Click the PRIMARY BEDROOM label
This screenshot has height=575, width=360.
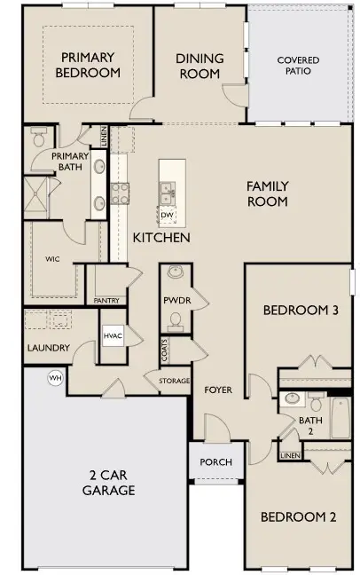point(89,65)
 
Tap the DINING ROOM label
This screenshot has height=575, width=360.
point(199,67)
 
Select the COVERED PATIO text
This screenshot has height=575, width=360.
point(298,67)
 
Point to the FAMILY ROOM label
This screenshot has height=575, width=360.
point(267,193)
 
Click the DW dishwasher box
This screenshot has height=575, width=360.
point(167,214)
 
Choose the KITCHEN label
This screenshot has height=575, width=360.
point(160,239)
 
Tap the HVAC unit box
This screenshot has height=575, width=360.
point(113,336)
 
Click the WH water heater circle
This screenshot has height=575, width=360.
point(55,377)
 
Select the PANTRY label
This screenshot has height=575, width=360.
point(106,301)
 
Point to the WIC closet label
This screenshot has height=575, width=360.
point(51,259)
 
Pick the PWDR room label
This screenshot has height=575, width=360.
point(173,301)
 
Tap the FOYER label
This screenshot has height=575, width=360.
point(218,390)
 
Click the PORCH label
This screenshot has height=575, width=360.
point(215,461)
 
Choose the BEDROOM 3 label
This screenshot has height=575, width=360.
point(301,311)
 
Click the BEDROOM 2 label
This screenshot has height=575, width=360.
point(297,517)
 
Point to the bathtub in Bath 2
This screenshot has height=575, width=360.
point(342,417)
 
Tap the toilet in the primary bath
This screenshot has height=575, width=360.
point(39,138)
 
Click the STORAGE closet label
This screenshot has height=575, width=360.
point(174,382)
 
